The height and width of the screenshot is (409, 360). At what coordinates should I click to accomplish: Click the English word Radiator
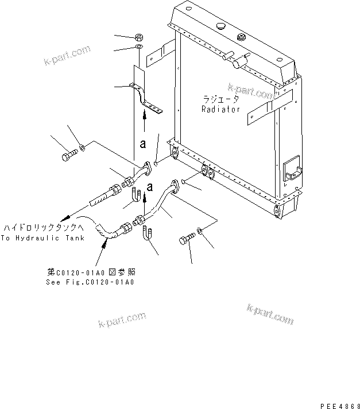(220, 109)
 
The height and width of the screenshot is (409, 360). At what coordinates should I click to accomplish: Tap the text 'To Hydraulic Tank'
(42, 237)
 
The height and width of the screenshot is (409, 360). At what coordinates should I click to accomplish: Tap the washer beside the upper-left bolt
(84, 149)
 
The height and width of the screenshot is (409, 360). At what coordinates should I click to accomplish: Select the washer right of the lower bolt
(200, 231)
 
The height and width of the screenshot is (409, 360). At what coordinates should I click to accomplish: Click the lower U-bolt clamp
(148, 234)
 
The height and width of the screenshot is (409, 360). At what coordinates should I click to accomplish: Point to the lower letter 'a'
(150, 186)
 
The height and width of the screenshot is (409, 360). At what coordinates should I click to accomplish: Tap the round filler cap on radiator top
(220, 27)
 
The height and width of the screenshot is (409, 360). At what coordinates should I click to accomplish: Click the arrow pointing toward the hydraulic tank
(67, 217)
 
